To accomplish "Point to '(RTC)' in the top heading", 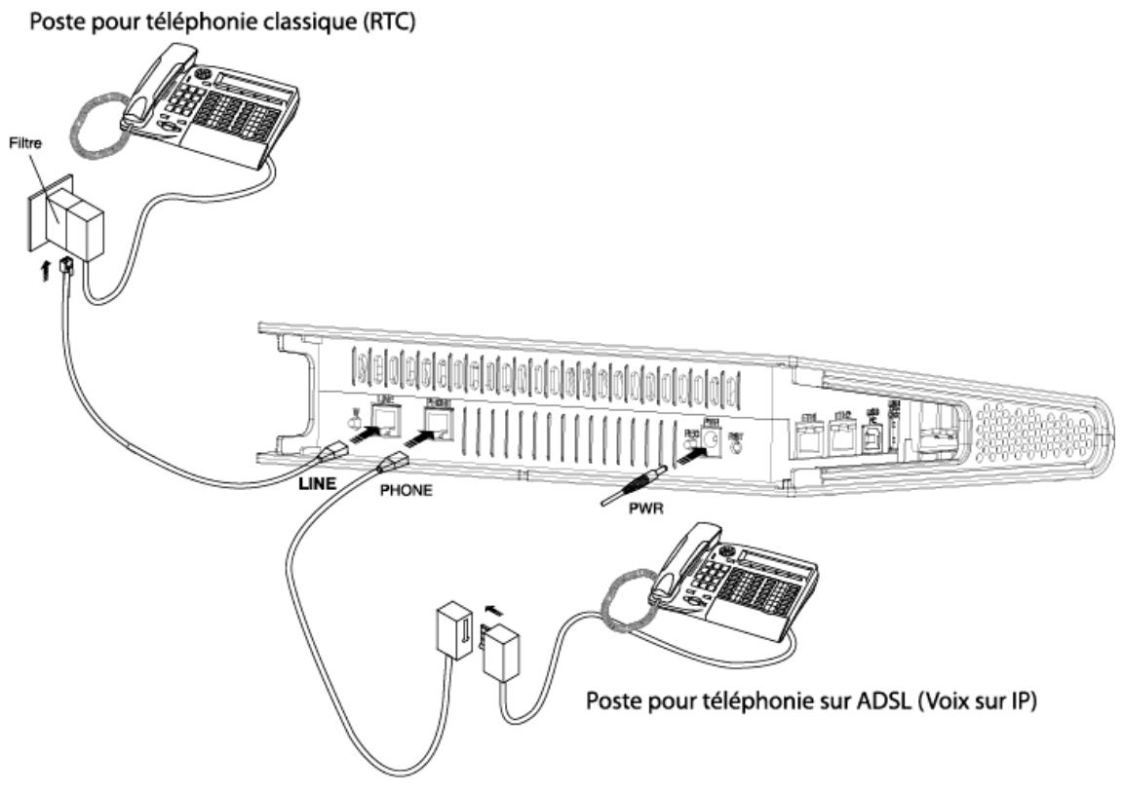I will (x=395, y=19).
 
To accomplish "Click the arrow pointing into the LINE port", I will (x=356, y=438).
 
